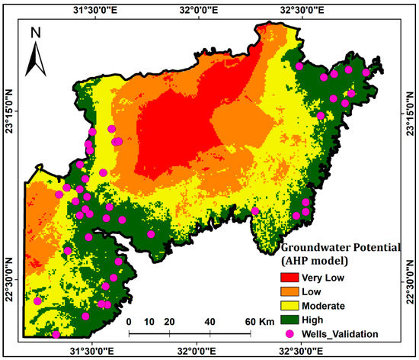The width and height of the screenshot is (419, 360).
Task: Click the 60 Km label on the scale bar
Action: point(254,321)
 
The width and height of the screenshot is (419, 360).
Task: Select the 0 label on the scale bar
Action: point(130,321)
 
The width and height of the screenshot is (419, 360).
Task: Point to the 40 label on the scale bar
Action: point(210,321)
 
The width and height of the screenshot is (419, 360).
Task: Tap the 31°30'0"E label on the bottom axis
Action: point(92,350)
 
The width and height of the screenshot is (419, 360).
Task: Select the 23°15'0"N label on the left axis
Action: point(9,111)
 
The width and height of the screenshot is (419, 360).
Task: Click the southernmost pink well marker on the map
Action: point(56,334)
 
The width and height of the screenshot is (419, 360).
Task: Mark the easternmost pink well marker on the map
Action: point(366,72)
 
